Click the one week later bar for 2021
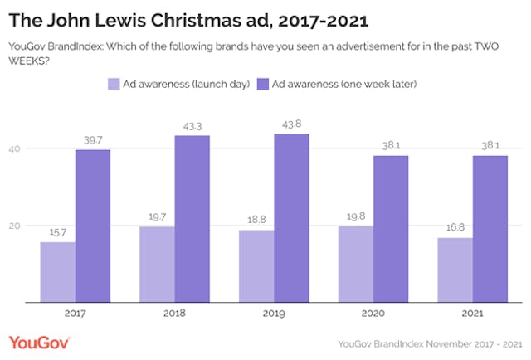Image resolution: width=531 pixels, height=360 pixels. pyautogui.click(x=490, y=229)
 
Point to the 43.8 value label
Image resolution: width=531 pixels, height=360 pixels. pyautogui.click(x=292, y=126)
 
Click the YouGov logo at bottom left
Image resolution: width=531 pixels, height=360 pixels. pyautogui.click(x=39, y=342)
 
